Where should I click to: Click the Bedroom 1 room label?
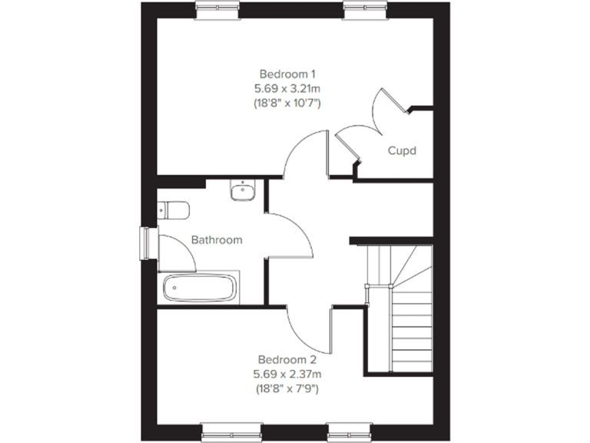(287, 74)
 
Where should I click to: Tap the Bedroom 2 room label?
(287, 359)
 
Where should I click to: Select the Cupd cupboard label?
(401, 151)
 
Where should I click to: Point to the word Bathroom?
(217, 240)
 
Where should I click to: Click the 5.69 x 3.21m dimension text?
(287, 88)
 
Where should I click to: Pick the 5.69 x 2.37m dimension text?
(287, 374)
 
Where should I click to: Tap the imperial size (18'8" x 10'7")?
(287, 103)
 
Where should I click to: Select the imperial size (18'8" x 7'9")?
(287, 388)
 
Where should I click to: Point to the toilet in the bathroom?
(173, 209)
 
